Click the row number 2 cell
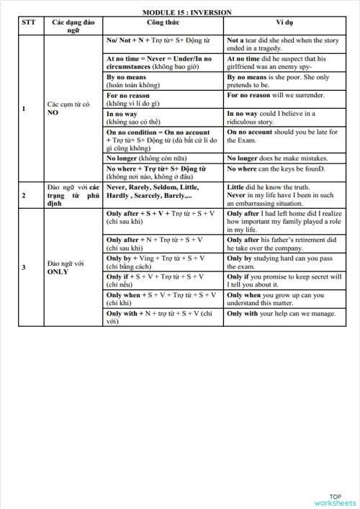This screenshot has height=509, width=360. click(24, 195)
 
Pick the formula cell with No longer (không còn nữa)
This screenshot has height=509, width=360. click(163, 158)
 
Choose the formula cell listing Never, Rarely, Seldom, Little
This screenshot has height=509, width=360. click(163, 191)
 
